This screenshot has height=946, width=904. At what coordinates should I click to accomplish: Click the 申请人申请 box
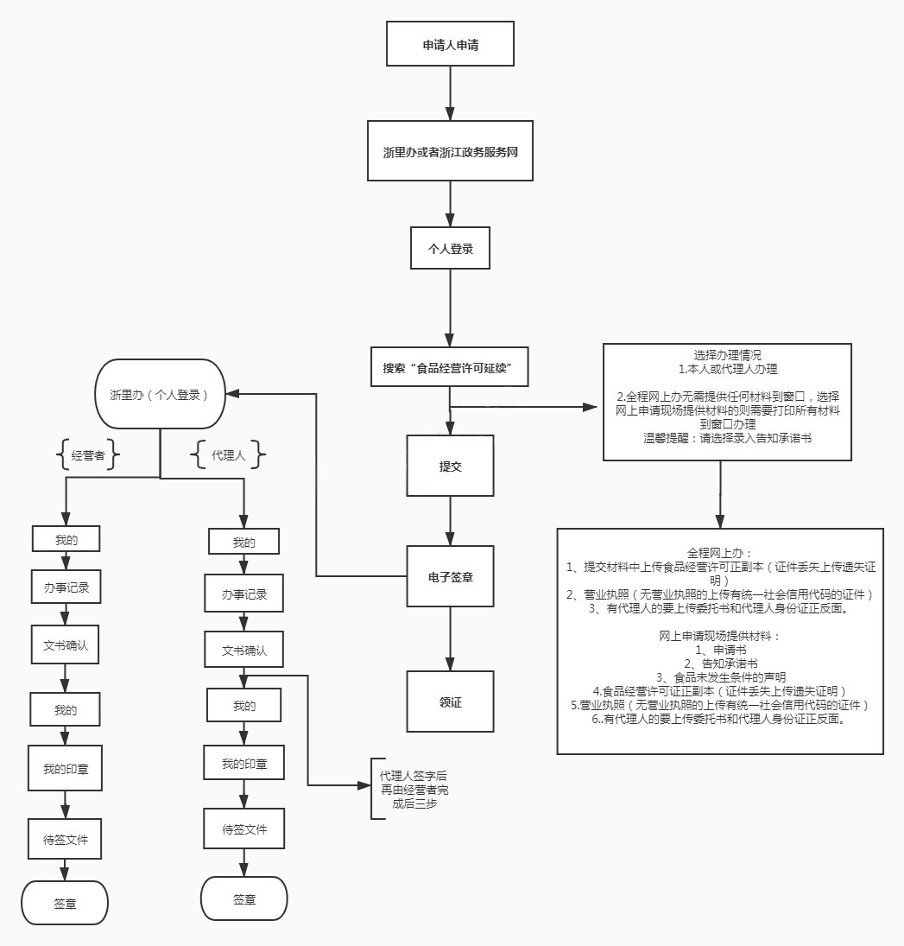(451, 44)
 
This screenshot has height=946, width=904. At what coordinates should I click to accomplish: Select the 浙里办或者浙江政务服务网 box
(451, 152)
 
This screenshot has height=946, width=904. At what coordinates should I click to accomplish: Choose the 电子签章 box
(450, 577)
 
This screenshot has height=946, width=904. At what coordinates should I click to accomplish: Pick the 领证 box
(450, 702)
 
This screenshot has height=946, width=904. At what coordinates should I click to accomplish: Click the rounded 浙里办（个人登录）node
(161, 394)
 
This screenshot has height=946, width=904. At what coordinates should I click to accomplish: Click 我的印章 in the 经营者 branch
(66, 768)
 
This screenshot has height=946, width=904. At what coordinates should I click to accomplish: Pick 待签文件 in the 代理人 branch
(244, 829)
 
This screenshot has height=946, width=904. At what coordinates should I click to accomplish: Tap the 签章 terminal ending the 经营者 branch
(65, 904)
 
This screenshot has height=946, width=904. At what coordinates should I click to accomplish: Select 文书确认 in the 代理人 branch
(244, 650)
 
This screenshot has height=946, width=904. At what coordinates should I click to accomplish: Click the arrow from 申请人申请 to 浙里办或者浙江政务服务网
(450, 90)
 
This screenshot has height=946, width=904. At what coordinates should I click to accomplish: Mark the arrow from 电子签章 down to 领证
(450, 638)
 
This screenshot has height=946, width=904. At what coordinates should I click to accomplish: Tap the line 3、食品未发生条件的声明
(720, 676)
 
